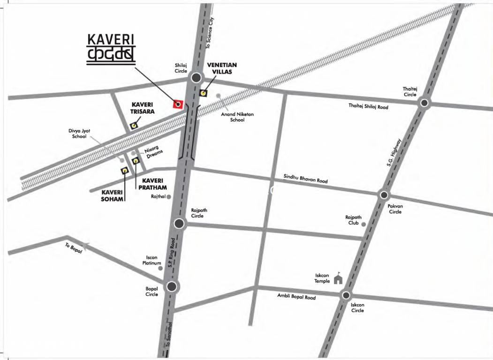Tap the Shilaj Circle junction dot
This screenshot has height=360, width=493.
[197, 78]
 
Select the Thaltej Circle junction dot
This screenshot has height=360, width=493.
[425, 103]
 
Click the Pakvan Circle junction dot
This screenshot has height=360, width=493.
[384, 195]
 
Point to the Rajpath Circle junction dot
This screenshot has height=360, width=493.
[179, 224]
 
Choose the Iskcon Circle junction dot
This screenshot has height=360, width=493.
[346, 295]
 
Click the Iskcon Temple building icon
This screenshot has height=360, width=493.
[338, 280]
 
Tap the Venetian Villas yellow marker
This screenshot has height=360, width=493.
[203, 92]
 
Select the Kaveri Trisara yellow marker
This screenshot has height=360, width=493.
[134, 126]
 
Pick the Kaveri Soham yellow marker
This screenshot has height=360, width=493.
[125, 171]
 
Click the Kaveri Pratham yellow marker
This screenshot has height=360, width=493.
[136, 161]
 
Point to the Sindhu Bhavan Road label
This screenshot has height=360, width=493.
[305, 179]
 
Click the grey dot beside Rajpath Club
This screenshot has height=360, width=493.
[364, 224]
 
